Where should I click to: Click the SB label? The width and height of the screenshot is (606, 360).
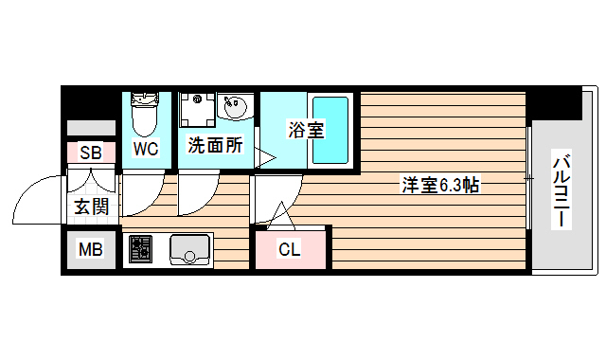point(91,153)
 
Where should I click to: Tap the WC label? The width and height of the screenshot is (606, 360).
point(145,149)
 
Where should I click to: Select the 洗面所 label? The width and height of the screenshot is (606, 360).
point(216,146)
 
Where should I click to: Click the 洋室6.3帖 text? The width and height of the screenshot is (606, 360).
point(439,185)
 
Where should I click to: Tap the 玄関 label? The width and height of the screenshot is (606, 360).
point(91,206)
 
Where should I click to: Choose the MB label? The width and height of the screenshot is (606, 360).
point(91,250)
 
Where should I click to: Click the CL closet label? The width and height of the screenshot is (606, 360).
point(289,250)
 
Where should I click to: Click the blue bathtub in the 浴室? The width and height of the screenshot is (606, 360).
point(331,130)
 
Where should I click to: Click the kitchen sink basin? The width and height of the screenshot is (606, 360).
point(190,250)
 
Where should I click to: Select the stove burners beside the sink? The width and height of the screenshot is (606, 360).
point(140,249)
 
